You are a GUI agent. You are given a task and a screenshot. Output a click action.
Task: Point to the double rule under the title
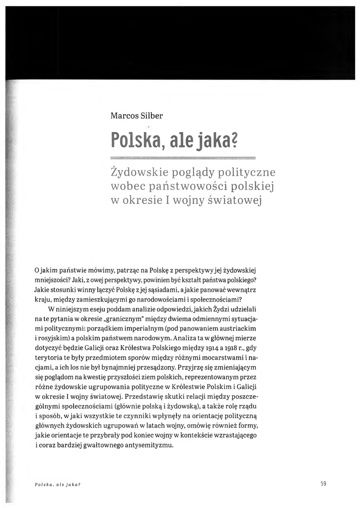pos(183,158)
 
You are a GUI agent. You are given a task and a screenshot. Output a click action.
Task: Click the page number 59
pos(323,484)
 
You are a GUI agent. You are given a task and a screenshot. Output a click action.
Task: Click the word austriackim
pos(249,328)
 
